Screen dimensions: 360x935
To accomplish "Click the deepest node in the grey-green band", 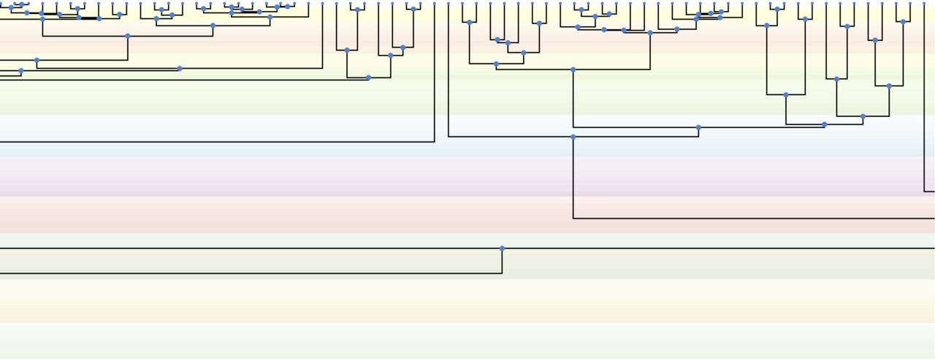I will [502, 248].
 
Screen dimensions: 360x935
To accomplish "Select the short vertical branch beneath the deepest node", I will [502, 261].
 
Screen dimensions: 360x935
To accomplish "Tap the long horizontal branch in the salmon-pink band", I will [752, 218].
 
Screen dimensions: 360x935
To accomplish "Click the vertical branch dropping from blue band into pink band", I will [573, 177].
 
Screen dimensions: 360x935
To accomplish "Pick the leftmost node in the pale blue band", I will [573, 137].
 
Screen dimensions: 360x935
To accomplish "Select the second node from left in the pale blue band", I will [698, 128].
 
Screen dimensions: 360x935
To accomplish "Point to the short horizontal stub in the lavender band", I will [929, 191].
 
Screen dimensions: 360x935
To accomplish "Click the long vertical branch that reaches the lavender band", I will [925, 95].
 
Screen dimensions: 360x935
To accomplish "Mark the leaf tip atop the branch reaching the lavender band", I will [925, 4].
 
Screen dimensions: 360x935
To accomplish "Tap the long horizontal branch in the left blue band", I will [219, 142].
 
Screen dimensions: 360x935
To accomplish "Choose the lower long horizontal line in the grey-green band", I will [248, 274].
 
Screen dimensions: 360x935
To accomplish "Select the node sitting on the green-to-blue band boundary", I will [863, 116].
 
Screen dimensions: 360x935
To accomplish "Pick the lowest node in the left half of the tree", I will [368, 77].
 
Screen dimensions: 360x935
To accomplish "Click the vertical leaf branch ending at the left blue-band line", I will [435, 73].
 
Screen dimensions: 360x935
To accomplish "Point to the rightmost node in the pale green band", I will [889, 86].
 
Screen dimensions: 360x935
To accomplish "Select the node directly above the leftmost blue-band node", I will [573, 70].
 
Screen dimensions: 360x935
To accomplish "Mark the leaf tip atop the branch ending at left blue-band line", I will [435, 4].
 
